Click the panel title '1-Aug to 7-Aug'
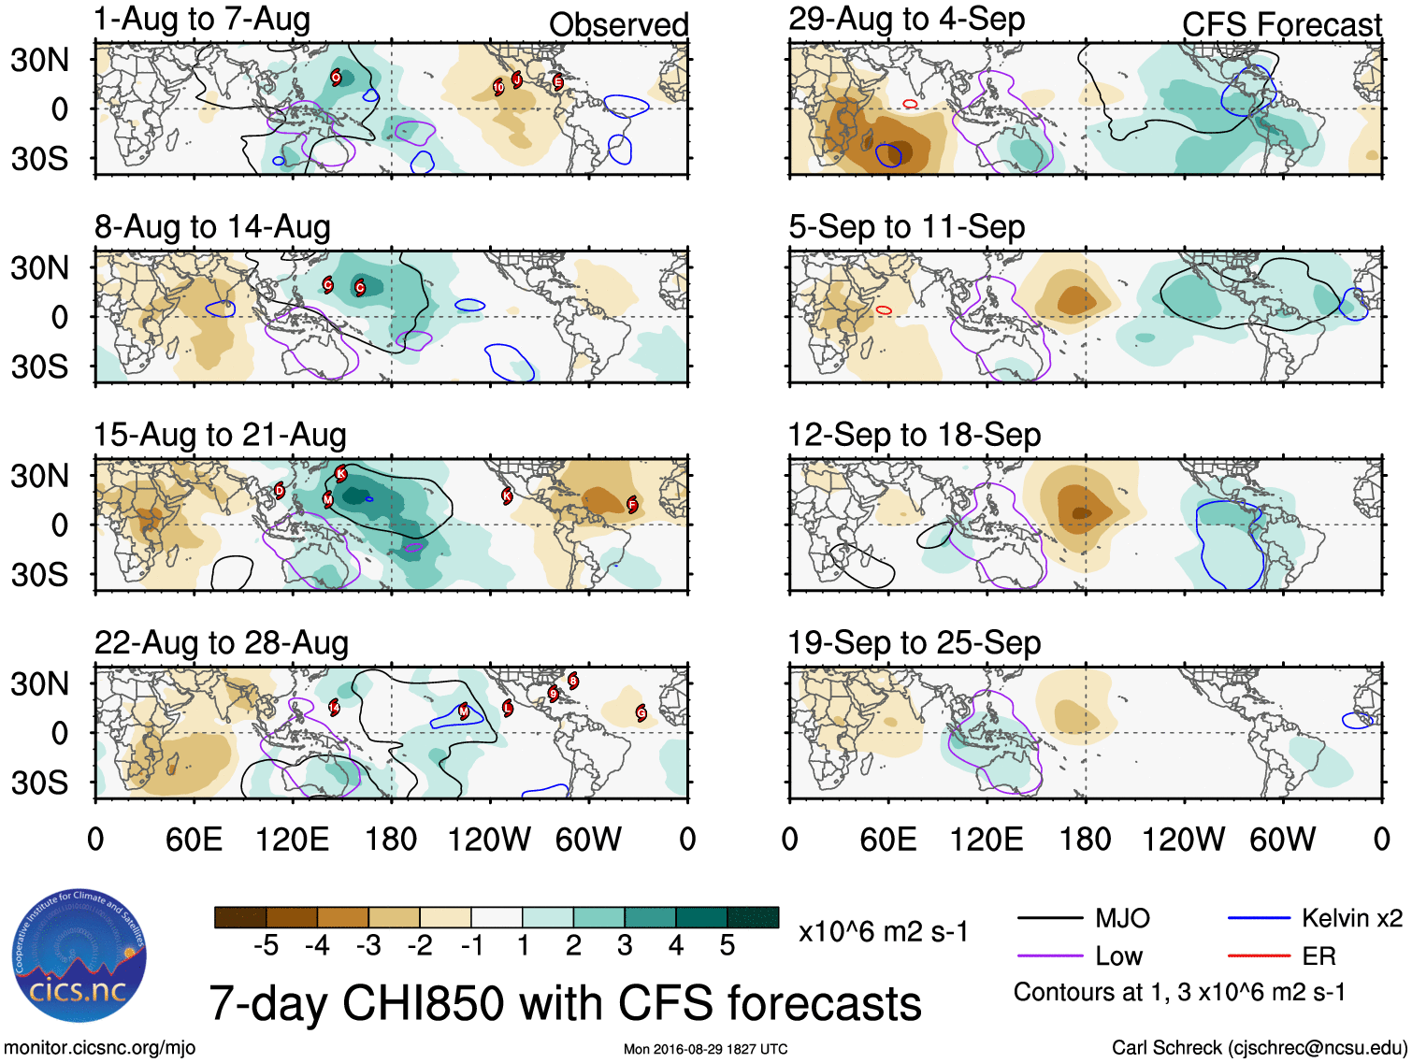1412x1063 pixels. click(202, 20)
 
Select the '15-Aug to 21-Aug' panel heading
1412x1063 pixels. click(220, 435)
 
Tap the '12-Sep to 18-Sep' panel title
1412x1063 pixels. click(914, 435)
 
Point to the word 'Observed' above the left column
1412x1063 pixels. click(618, 25)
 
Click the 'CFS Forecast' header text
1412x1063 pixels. click(1281, 25)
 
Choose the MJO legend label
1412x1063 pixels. click(1122, 918)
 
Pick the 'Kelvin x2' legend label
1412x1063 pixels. click(1351, 918)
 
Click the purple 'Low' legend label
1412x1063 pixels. click(1118, 956)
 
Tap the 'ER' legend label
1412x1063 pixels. click(1318, 956)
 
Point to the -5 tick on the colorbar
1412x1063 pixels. click(266, 946)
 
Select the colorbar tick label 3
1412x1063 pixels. click(625, 946)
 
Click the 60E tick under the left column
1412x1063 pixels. click(194, 840)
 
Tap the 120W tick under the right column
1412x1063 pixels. click(1183, 840)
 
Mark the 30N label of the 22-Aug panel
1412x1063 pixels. click(39, 683)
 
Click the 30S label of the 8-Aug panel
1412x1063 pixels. click(39, 366)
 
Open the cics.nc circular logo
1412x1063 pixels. click(79, 956)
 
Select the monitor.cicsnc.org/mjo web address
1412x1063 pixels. click(99, 1048)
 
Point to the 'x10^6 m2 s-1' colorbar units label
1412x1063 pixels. click(883, 932)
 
